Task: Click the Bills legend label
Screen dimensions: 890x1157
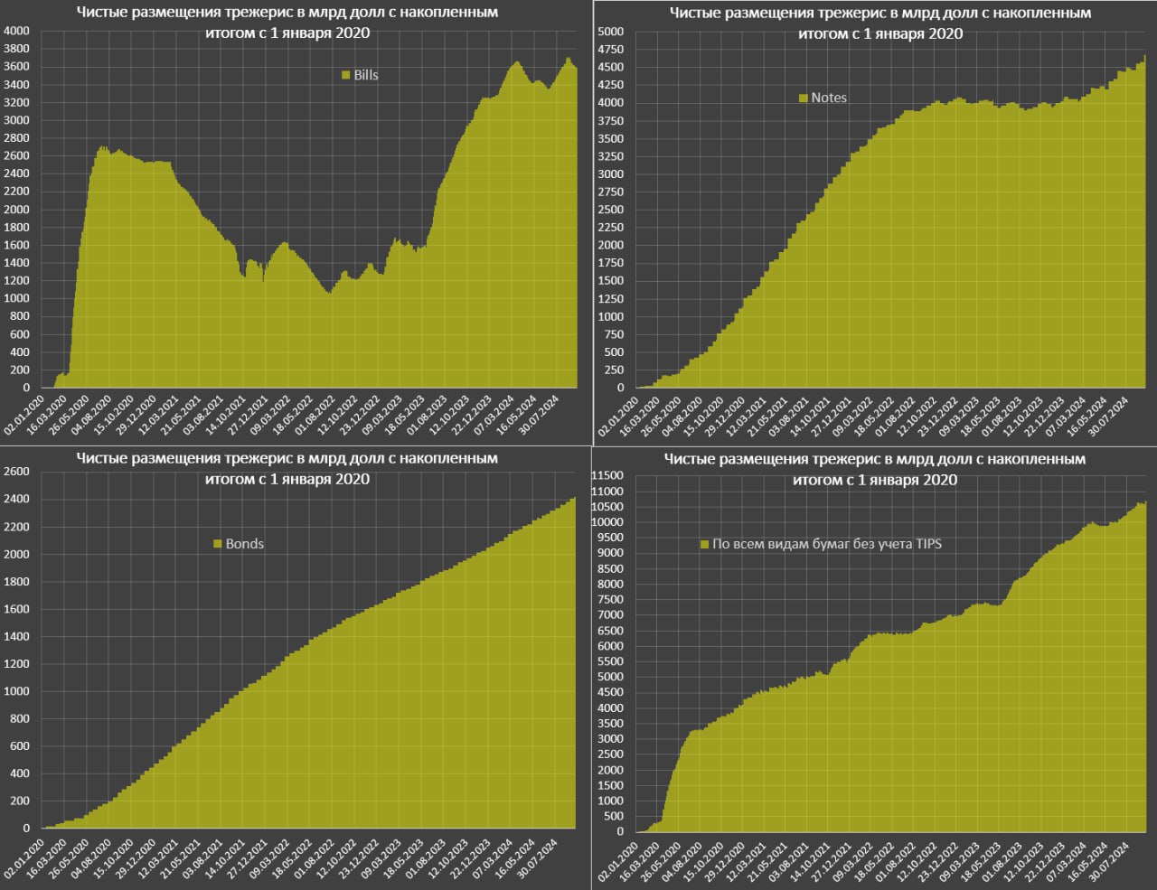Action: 366,75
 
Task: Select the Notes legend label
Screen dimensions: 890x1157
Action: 829,98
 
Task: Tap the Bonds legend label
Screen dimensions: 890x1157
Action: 244,544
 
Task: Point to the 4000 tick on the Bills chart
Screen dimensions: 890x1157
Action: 16,31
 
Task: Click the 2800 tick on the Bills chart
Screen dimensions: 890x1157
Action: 16,138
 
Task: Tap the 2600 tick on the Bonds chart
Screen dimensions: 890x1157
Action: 16,472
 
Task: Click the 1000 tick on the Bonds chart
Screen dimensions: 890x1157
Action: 16,691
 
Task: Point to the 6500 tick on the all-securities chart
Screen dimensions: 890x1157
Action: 610,630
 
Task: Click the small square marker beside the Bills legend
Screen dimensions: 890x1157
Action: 346,75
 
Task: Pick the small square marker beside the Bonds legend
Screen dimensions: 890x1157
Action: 217,544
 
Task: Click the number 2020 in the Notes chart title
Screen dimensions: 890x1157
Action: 945,34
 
